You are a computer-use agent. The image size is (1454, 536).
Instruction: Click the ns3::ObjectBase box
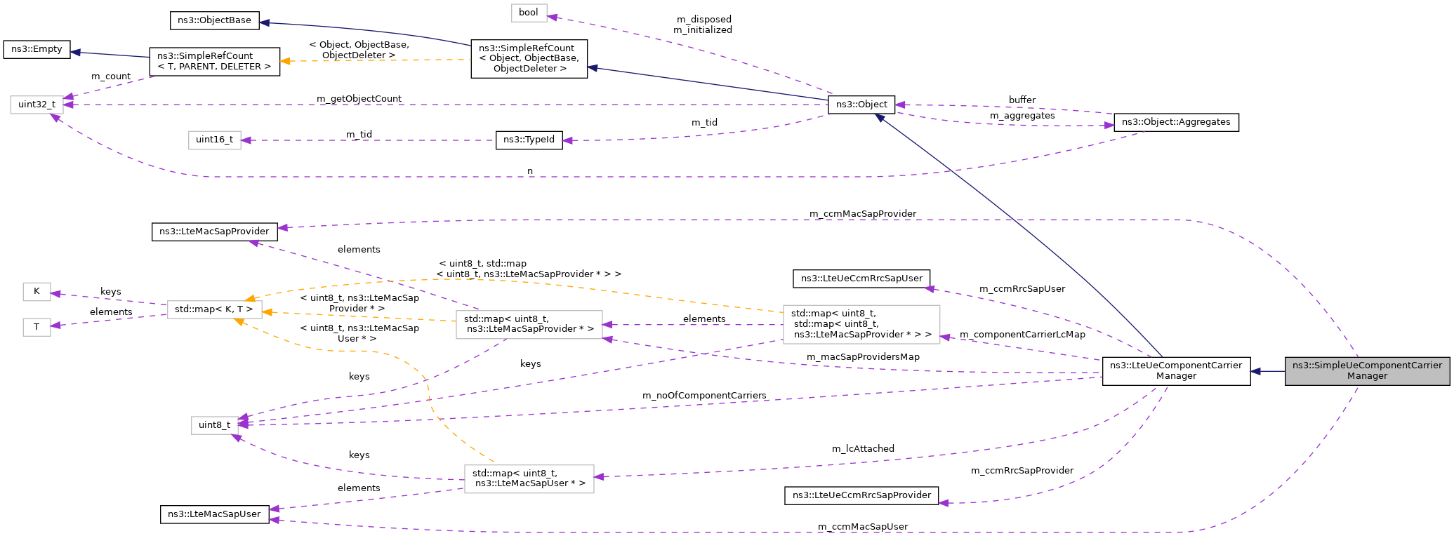coord(214,20)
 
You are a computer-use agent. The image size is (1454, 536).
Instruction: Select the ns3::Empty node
coord(37,49)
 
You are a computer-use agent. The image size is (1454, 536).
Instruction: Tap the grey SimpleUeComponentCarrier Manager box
coord(1367,370)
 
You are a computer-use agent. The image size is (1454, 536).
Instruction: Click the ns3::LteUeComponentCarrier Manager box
coord(1176,370)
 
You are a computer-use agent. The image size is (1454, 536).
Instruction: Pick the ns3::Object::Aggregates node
coord(1176,122)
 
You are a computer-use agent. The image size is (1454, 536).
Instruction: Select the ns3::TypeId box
coord(529,140)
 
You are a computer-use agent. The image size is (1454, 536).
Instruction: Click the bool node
coord(529,13)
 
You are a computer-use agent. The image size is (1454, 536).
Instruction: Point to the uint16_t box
coord(214,140)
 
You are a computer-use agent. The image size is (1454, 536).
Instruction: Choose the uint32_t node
coord(37,105)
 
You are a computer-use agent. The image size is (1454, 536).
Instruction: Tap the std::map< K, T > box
coord(214,309)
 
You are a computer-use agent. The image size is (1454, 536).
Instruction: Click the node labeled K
coord(37,291)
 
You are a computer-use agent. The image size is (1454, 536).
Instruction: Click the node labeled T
coord(37,327)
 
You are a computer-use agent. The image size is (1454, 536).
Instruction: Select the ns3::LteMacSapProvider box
coord(214,232)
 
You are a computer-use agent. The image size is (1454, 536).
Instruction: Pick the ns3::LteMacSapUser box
coord(214,514)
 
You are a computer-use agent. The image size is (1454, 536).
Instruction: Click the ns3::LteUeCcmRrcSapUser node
coord(861,279)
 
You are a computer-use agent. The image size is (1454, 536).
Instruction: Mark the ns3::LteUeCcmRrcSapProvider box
coord(861,495)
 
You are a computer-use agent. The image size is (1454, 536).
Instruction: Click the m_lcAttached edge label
coord(863,449)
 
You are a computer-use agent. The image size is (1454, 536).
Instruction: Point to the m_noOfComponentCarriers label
coord(704,396)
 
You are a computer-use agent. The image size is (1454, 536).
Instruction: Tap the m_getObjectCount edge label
coord(359,99)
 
